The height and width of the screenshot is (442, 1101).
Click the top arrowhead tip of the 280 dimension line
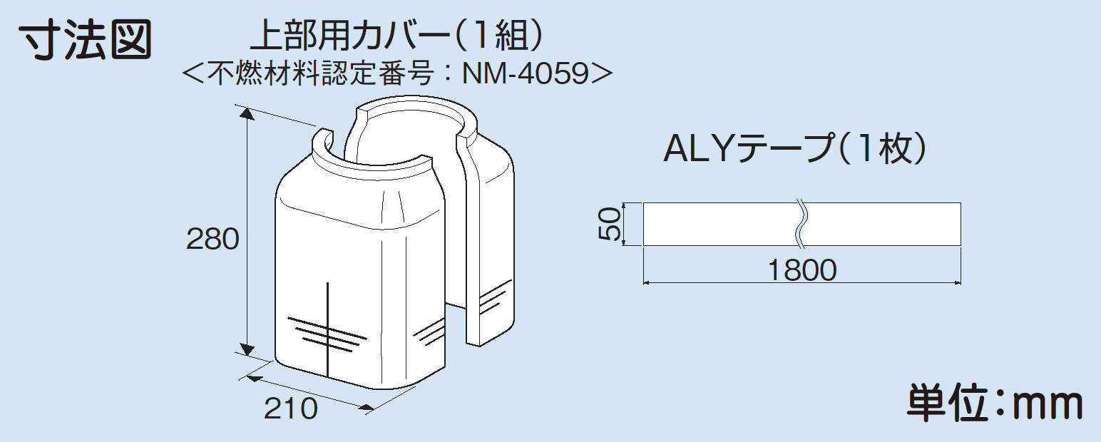click(x=247, y=109)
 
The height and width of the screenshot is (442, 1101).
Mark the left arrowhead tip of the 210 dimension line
click(x=247, y=376)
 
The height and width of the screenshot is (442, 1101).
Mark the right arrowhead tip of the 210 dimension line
click(x=374, y=408)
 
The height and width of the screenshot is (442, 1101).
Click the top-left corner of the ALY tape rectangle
click(x=643, y=202)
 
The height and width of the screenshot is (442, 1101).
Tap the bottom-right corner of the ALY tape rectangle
click(x=961, y=245)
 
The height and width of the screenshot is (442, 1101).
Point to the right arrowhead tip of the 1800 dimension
click(x=961, y=283)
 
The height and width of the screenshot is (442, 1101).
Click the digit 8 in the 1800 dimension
click(x=794, y=270)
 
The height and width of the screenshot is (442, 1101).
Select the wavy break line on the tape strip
click(x=800, y=224)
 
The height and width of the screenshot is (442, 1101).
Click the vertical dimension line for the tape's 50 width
click(x=624, y=224)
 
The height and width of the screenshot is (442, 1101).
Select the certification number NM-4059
click(x=526, y=73)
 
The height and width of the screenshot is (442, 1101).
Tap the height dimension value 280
click(x=212, y=240)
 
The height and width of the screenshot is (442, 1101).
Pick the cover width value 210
click(x=291, y=408)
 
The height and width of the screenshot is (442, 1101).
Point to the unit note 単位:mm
click(x=995, y=404)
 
